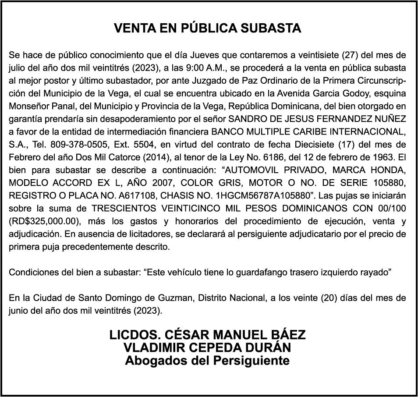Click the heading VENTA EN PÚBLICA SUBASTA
tap(208, 28)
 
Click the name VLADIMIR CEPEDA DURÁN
tap(208, 348)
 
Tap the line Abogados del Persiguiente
tap(208, 361)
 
